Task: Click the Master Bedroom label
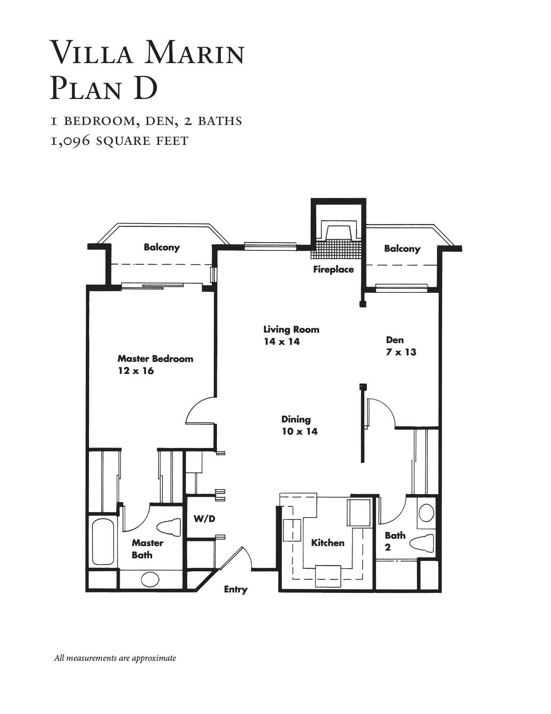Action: pos(155,359)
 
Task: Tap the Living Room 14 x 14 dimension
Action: pos(282,342)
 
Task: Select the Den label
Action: pos(395,340)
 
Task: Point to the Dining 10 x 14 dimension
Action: pos(299,432)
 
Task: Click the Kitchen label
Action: pos(328,543)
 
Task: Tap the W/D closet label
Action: pos(204,519)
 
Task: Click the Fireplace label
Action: pos(333,269)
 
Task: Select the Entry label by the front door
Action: pos(236,589)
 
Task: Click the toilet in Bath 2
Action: pos(421,543)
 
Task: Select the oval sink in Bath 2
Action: pos(427,513)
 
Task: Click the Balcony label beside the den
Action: pos(402,249)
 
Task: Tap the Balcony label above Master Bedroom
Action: pos(162,247)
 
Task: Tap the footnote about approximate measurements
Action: pos(115,658)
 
